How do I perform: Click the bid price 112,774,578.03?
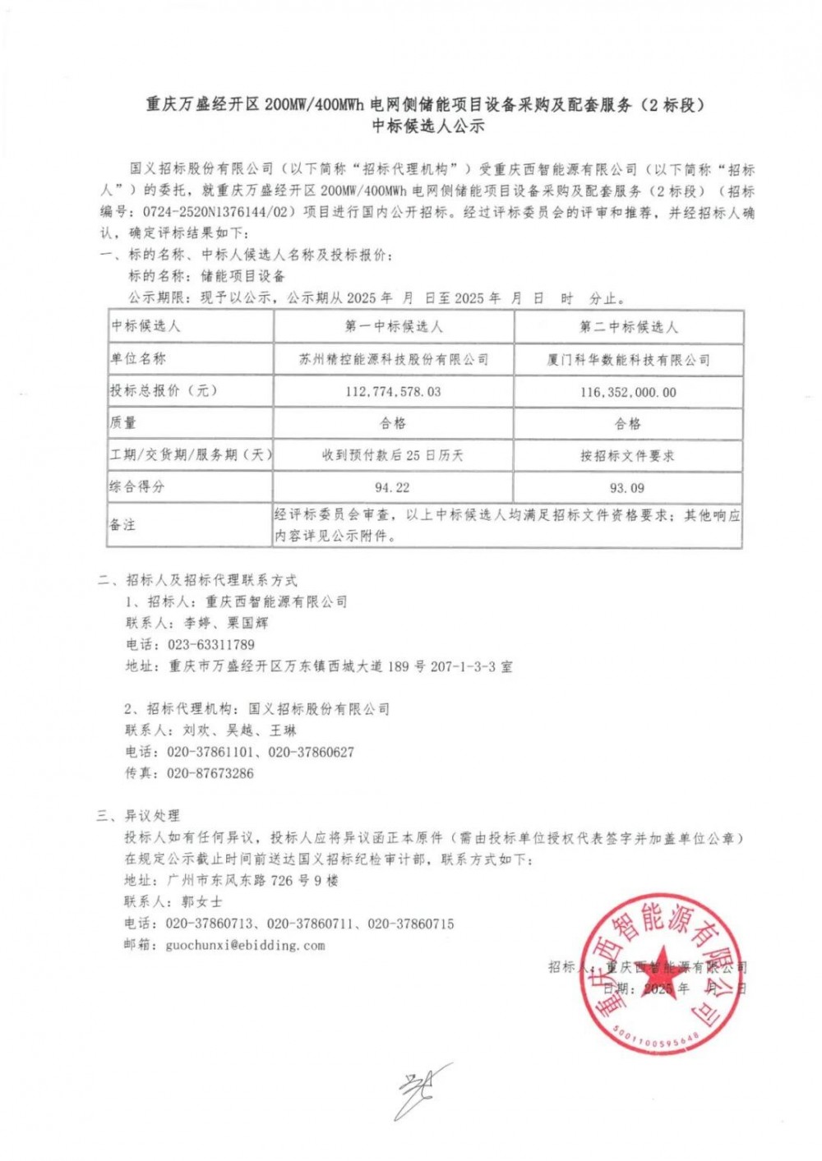pyautogui.click(x=393, y=392)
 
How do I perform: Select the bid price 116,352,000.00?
pyautogui.click(x=628, y=393)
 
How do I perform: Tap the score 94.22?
pyautogui.click(x=392, y=487)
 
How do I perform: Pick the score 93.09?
pyautogui.click(x=627, y=488)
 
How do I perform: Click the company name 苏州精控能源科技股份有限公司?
pyautogui.click(x=394, y=359)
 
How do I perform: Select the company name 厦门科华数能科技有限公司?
pyautogui.click(x=628, y=360)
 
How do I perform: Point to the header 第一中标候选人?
pyautogui.click(x=394, y=326)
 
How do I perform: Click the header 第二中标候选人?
pyautogui.click(x=629, y=327)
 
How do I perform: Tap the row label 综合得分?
pyautogui.click(x=137, y=486)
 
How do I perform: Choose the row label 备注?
pyautogui.click(x=122, y=524)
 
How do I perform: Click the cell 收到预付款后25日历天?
pyautogui.click(x=393, y=455)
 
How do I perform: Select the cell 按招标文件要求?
pyautogui.click(x=627, y=456)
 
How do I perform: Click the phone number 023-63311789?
pyautogui.click(x=211, y=645)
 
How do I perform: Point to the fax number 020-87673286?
pyautogui.click(x=210, y=773)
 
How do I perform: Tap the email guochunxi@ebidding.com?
pyautogui.click(x=245, y=946)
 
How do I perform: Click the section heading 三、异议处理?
pyautogui.click(x=137, y=816)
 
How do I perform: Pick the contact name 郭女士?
pyautogui.click(x=201, y=902)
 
